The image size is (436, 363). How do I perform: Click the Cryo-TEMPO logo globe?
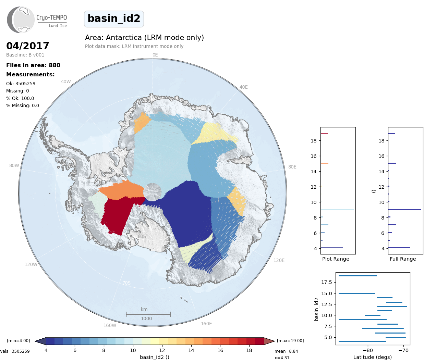pos(21,20)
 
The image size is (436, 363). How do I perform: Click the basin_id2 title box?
pos(114,19)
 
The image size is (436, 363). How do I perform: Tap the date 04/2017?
pos(28,46)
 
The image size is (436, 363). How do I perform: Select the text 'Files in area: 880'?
pos(33,65)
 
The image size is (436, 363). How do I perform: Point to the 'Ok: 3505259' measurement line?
pos(21,84)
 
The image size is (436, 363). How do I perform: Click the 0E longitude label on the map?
pos(155,55)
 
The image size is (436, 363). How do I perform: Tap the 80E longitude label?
pos(292,167)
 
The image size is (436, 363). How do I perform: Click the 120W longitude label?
pos(31,265)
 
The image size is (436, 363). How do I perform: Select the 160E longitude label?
pos(206,324)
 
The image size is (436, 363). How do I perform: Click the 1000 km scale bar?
pos(148,314)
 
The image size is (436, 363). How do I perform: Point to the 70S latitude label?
pos(126,283)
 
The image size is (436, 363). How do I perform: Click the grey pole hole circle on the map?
pos(153,192)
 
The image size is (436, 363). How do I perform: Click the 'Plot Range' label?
pos(336,259)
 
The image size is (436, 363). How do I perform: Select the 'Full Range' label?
pos(403,259)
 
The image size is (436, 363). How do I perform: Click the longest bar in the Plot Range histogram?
pos(337,210)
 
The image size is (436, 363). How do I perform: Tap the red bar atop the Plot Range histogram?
pos(324,134)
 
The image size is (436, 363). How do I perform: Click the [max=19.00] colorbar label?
pos(290,341)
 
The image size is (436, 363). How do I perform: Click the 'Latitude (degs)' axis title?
pos(373,358)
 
